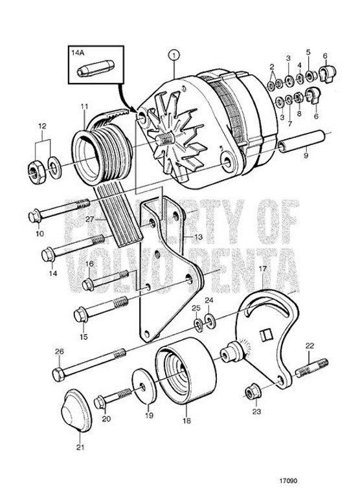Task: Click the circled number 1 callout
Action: point(173,54)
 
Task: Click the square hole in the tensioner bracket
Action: point(264,335)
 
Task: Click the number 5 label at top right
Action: point(308,52)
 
